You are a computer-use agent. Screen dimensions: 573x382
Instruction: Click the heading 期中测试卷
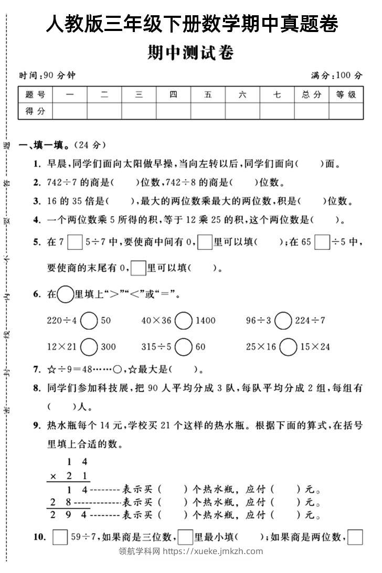pyautogui.click(x=190, y=53)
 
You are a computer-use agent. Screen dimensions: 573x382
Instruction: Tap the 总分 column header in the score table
pyautogui.click(x=311, y=95)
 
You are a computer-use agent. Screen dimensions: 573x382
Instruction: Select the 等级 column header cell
pyautogui.click(x=346, y=95)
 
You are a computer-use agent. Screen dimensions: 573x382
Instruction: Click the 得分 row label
pyautogui.click(x=35, y=111)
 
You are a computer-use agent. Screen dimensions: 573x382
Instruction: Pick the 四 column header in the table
pyautogui.click(x=174, y=95)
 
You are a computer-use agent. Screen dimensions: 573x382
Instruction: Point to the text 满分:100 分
pyautogui.click(x=336, y=76)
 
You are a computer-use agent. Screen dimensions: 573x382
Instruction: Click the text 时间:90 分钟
pyautogui.click(x=47, y=76)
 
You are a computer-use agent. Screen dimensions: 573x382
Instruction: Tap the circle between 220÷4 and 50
pyautogui.click(x=89, y=320)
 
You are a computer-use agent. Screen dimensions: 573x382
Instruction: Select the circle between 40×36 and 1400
pyautogui.click(x=184, y=320)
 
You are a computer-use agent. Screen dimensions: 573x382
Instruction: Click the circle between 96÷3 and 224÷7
pyautogui.click(x=283, y=320)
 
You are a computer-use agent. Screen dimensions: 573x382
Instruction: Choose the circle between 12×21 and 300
pyautogui.click(x=89, y=347)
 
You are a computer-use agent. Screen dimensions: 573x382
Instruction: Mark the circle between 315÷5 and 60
pyautogui.click(x=184, y=347)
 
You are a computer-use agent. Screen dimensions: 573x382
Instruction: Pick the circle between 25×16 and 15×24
pyautogui.click(x=288, y=347)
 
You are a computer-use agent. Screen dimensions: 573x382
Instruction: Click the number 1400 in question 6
pyautogui.click(x=205, y=320)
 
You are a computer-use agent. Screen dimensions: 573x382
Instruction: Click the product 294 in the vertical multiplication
pyautogui.click(x=68, y=515)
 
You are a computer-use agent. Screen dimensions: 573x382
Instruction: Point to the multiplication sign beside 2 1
pyautogui.click(x=52, y=476)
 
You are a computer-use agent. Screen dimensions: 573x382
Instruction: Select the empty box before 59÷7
pyautogui.click(x=60, y=537)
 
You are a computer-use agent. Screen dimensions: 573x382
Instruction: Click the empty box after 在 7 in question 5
pyautogui.click(x=76, y=242)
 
